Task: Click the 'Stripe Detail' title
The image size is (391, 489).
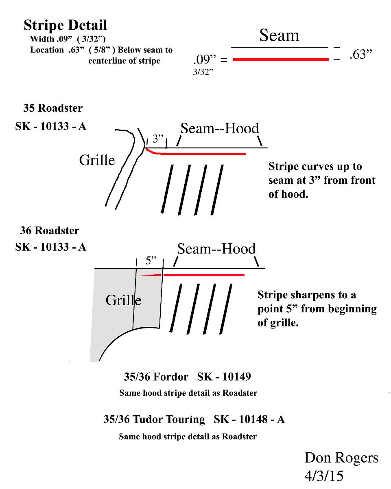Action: [65, 25]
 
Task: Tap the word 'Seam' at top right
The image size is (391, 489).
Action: [279, 36]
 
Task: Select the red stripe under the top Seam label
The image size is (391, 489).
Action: [280, 59]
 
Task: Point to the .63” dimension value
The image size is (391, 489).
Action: [361, 55]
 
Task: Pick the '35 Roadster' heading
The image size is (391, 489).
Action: [52, 108]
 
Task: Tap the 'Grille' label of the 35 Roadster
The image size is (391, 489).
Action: [97, 160]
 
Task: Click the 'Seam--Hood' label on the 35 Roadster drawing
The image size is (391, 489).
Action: [220, 129]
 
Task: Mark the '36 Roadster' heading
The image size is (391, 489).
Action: [50, 231]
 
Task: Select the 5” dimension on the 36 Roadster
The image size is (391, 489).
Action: [151, 261]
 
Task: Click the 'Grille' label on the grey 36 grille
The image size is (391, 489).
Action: [124, 301]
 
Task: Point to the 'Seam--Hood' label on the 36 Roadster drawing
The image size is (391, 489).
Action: [216, 249]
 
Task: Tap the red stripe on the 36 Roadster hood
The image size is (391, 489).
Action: [203, 275]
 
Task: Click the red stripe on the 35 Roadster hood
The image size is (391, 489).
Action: [203, 154]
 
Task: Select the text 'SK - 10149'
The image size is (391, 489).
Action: [224, 377]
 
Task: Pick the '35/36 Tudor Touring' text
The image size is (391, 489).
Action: [154, 419]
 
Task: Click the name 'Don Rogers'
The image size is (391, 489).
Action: [341, 458]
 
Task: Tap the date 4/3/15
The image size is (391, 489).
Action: [323, 476]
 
